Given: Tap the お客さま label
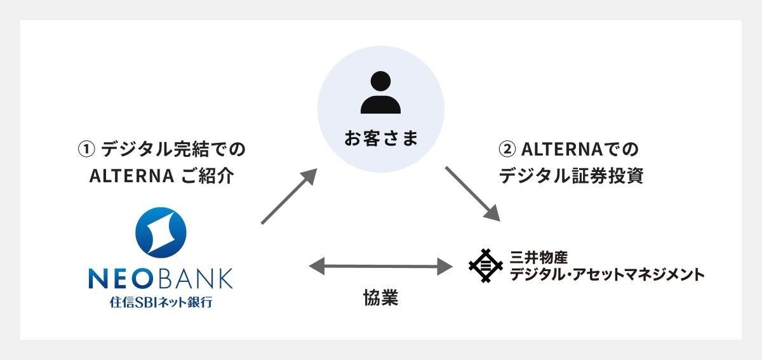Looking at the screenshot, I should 381,138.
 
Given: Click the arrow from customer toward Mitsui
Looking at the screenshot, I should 473,194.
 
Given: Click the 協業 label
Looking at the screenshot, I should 381,298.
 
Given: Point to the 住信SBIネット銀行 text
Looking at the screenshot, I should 161,302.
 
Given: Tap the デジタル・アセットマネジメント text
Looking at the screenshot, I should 608,274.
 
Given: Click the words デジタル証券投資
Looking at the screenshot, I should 571,176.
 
